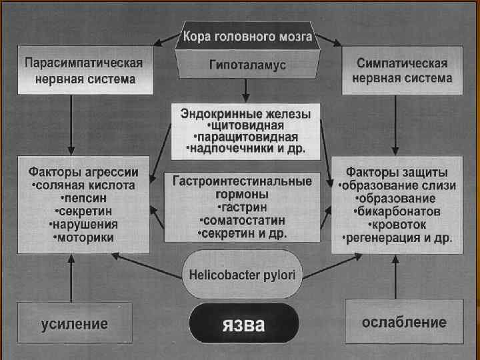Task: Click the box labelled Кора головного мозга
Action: [247, 36]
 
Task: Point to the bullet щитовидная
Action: [246, 125]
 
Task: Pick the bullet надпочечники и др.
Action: [246, 149]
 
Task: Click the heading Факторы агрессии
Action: [81, 171]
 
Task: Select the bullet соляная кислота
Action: [82, 185]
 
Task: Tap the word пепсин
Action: [83, 198]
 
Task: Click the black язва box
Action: [243, 325]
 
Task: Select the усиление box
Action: [74, 324]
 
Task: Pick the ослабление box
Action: [404, 323]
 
